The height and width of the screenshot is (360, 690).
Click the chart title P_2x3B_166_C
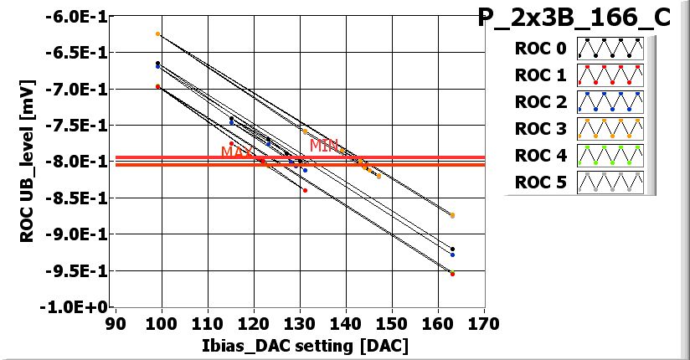pos(574,18)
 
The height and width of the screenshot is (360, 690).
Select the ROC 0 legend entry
pos(539,48)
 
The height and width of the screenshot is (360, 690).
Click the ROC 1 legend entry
pos(539,75)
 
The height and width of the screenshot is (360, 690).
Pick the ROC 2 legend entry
pos(539,102)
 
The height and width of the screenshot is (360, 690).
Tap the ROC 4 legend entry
pos(539,156)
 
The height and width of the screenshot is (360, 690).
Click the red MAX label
pos(235,152)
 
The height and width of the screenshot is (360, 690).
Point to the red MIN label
pos(323,146)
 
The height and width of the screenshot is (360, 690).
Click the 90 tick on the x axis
pos(116,322)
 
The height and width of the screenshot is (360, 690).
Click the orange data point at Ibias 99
pos(157,34)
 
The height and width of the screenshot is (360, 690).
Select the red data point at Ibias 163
pos(452,274)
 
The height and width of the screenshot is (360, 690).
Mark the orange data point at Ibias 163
pos(452,215)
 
